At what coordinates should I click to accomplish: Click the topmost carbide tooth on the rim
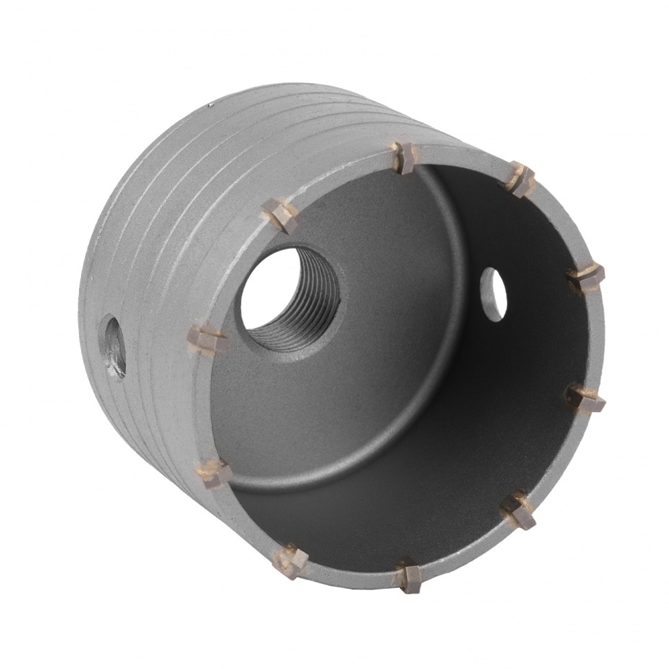point(403,157)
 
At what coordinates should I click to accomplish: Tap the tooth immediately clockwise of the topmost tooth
point(520,179)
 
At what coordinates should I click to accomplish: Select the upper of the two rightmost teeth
point(587,278)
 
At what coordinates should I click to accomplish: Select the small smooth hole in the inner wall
point(493,293)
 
